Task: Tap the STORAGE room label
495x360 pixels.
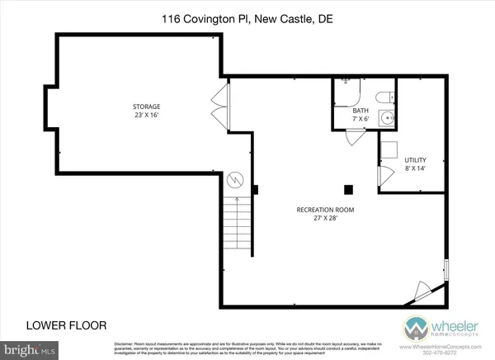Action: point(147,107)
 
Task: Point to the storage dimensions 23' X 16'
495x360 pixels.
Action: point(147,117)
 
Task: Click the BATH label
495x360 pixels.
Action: point(361,110)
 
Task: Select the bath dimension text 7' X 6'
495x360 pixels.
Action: point(361,120)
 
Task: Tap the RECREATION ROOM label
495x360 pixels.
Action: point(325,210)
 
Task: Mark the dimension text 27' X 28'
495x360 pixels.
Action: point(325,220)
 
